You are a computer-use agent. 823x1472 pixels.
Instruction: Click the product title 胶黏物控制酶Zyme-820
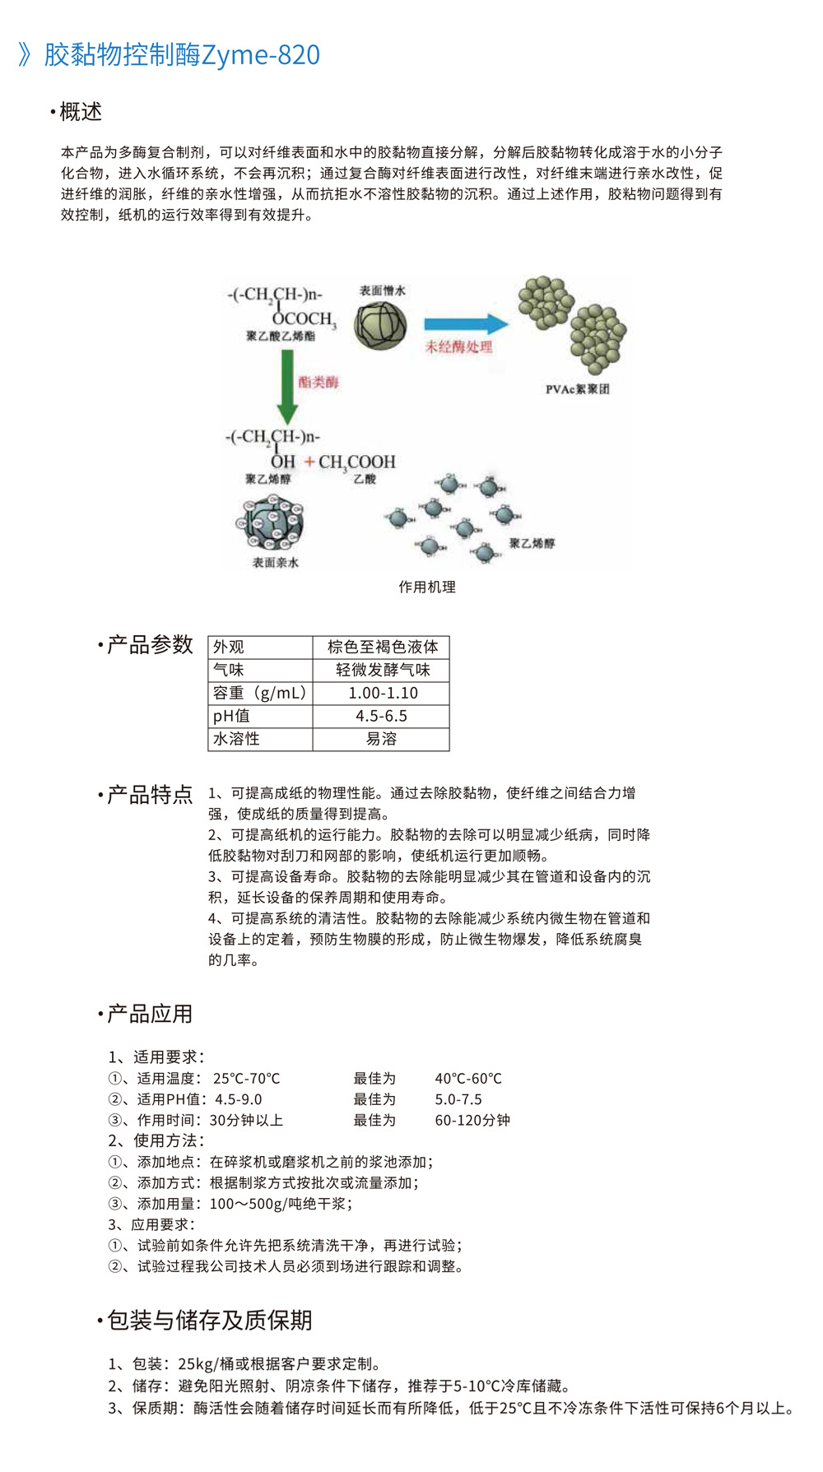coord(181,55)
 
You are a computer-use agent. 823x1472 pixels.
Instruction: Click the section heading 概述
coord(81,112)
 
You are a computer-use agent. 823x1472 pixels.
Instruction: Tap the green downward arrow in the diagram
coord(286,385)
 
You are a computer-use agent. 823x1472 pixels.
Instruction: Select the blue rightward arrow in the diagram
coord(465,323)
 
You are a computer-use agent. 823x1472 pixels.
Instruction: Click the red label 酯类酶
coord(319,382)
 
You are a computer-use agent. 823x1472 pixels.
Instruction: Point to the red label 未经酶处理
coord(458,346)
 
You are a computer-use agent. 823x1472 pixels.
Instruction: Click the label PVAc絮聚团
coord(577,389)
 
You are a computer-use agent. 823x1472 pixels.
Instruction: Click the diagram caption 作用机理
coord(427,587)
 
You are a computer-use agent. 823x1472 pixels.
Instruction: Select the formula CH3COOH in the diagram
coord(357,462)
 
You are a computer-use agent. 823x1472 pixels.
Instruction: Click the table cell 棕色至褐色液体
coord(382,647)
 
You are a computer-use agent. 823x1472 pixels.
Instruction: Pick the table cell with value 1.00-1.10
coord(383,693)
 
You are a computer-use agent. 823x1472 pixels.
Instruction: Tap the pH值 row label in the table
coord(231,716)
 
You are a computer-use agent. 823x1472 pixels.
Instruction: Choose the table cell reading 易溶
coord(381,739)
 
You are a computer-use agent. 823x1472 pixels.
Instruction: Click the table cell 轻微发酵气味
coord(382,670)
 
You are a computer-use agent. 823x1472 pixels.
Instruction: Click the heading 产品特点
coord(150,794)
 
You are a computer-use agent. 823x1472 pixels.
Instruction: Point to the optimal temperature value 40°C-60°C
coord(468,1078)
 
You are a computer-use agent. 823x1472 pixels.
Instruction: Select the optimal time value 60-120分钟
coord(472,1120)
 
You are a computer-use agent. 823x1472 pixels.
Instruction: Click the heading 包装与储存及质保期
coord(209,1320)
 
